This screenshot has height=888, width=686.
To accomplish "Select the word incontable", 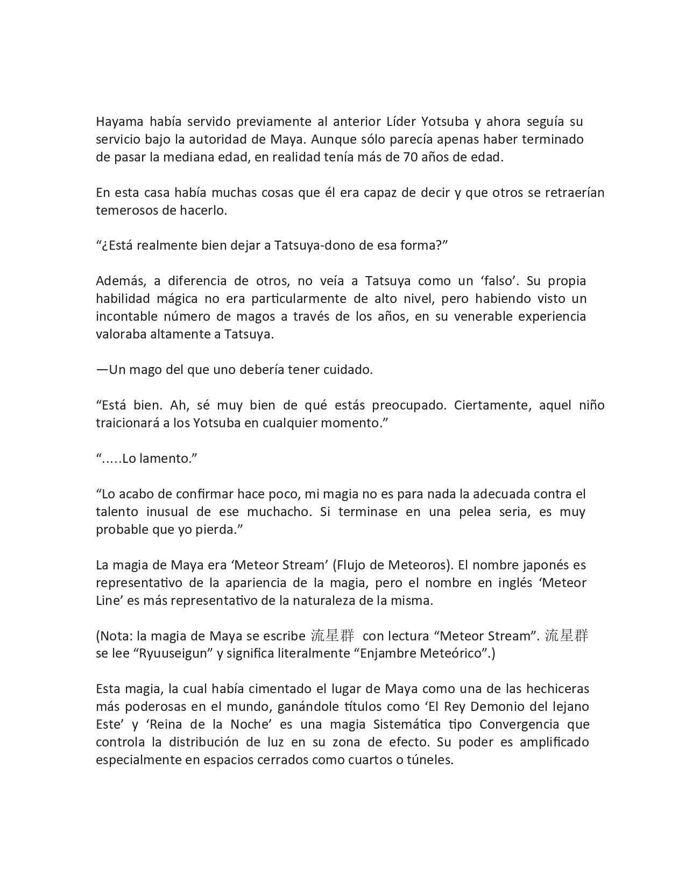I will click(x=127, y=316).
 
